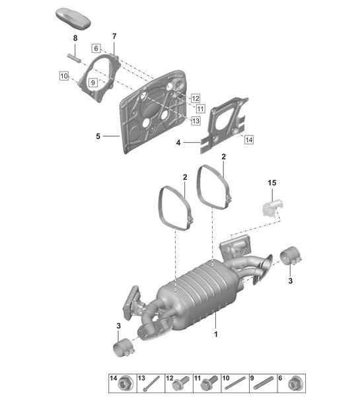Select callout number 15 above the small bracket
coord(271,182)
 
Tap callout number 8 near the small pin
coord(75,39)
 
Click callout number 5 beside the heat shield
coord(98,136)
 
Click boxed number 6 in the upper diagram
coord(96,48)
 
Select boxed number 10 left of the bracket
coord(63,77)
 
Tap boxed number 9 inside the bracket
coord(93,82)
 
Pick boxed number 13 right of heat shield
coord(196,121)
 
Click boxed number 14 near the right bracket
coord(248,139)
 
